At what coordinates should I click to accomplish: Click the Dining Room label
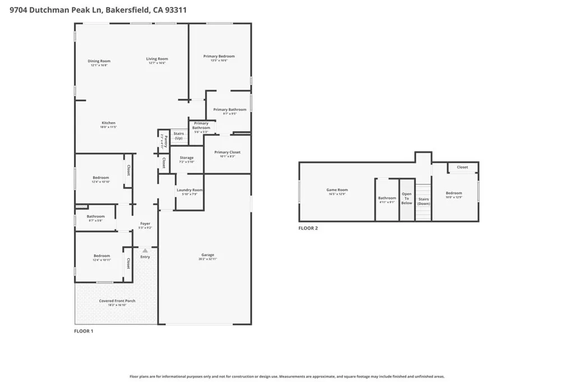coord(99,61)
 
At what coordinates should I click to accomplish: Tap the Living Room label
coord(157,59)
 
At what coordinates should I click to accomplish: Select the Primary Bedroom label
coord(219,56)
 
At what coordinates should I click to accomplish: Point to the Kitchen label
coord(108,123)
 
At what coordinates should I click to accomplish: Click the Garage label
coord(207,255)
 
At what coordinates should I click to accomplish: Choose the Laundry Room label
coord(189,190)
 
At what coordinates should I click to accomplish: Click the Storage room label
coord(187,158)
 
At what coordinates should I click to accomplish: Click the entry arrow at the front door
coord(145,250)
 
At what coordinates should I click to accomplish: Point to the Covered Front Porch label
coord(117,301)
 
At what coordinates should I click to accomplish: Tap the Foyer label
coord(145,224)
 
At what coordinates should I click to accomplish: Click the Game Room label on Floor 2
coord(337,190)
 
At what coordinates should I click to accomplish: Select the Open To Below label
coord(406,198)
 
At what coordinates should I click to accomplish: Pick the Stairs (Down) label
coord(423,201)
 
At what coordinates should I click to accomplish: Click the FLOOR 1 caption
coord(84,331)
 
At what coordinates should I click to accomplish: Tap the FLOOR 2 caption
coord(308,228)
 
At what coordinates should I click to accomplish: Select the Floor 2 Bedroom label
coord(453,193)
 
